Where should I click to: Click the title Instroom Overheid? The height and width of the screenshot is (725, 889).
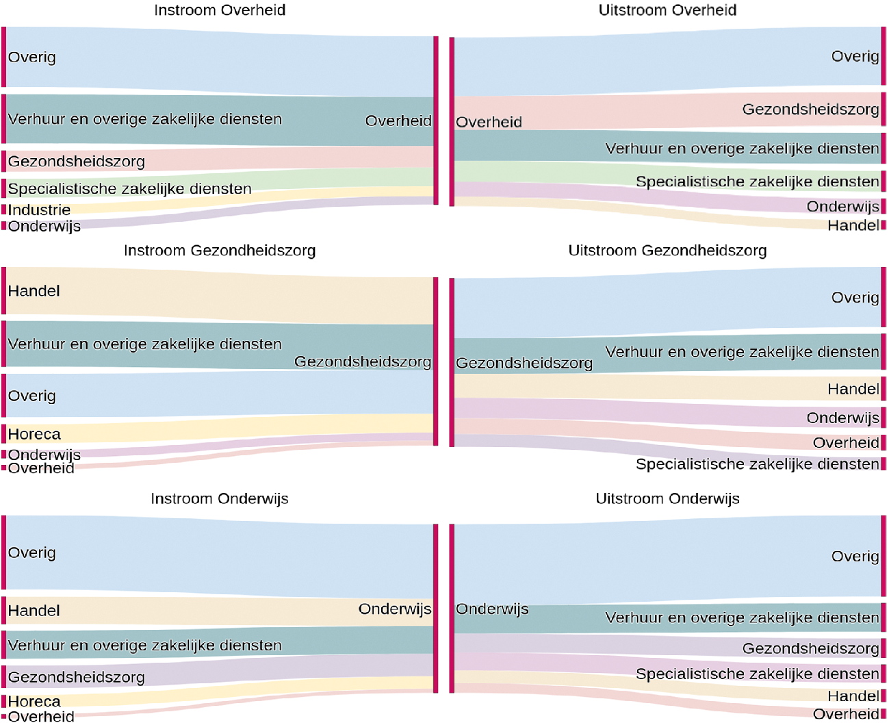click(x=220, y=10)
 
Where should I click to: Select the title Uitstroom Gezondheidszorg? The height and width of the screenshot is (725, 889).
click(x=667, y=251)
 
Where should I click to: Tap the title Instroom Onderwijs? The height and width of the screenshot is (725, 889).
click(x=220, y=498)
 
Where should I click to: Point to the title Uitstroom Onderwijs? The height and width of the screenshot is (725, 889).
click(x=667, y=498)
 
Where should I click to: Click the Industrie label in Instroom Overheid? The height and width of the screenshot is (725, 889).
click(x=39, y=210)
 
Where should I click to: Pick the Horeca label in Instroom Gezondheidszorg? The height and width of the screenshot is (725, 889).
click(x=34, y=434)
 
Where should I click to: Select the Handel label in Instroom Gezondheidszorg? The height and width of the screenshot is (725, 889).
click(x=34, y=291)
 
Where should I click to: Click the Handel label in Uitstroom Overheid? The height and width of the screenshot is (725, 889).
click(x=853, y=225)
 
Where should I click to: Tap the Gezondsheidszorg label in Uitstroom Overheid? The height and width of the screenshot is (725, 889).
click(x=810, y=109)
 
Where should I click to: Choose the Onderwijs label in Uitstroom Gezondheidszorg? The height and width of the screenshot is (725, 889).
click(x=842, y=418)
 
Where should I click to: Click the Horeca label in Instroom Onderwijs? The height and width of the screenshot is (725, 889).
click(x=34, y=702)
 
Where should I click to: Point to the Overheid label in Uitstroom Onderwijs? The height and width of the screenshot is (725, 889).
click(x=846, y=714)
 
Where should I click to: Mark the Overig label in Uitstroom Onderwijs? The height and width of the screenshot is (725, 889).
click(x=855, y=556)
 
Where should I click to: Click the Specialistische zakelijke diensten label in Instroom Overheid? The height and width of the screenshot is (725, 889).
click(x=130, y=188)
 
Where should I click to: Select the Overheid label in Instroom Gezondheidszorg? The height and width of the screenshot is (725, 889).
click(x=41, y=468)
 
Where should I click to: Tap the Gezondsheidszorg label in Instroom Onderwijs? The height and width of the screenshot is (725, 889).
click(x=77, y=677)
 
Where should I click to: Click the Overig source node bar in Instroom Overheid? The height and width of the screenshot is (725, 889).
click(x=3, y=58)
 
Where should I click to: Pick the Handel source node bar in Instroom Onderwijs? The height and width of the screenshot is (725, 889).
click(x=3, y=610)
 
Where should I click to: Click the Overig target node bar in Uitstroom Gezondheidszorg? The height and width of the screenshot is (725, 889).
click(x=884, y=298)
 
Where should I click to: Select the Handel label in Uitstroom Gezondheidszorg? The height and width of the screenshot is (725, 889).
click(x=853, y=389)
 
